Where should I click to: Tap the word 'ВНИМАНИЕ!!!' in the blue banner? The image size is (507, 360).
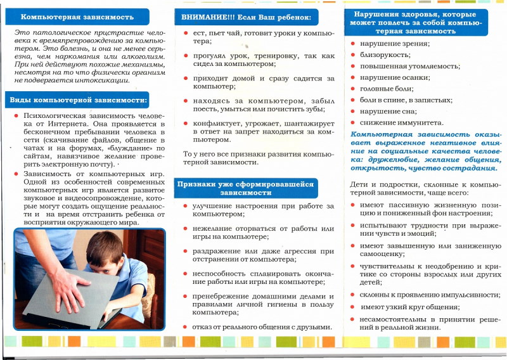click(202, 18)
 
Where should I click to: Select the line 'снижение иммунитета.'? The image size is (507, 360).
click(402, 122)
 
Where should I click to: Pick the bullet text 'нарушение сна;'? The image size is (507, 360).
click(388, 111)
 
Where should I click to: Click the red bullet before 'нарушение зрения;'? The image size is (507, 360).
click(353, 44)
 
